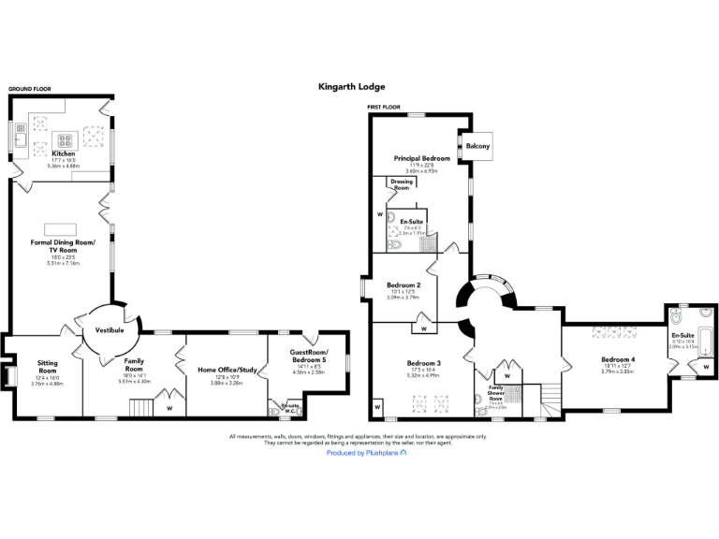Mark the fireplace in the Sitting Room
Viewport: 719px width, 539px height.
pyautogui.click(x=9, y=374)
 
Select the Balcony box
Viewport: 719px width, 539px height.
pyautogui.click(x=477, y=146)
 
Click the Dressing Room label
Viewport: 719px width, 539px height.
pyautogui.click(x=401, y=184)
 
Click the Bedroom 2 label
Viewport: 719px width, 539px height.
pyautogui.click(x=404, y=284)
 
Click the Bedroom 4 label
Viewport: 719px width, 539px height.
pyautogui.click(x=618, y=359)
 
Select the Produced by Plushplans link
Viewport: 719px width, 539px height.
pyautogui.click(x=365, y=453)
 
